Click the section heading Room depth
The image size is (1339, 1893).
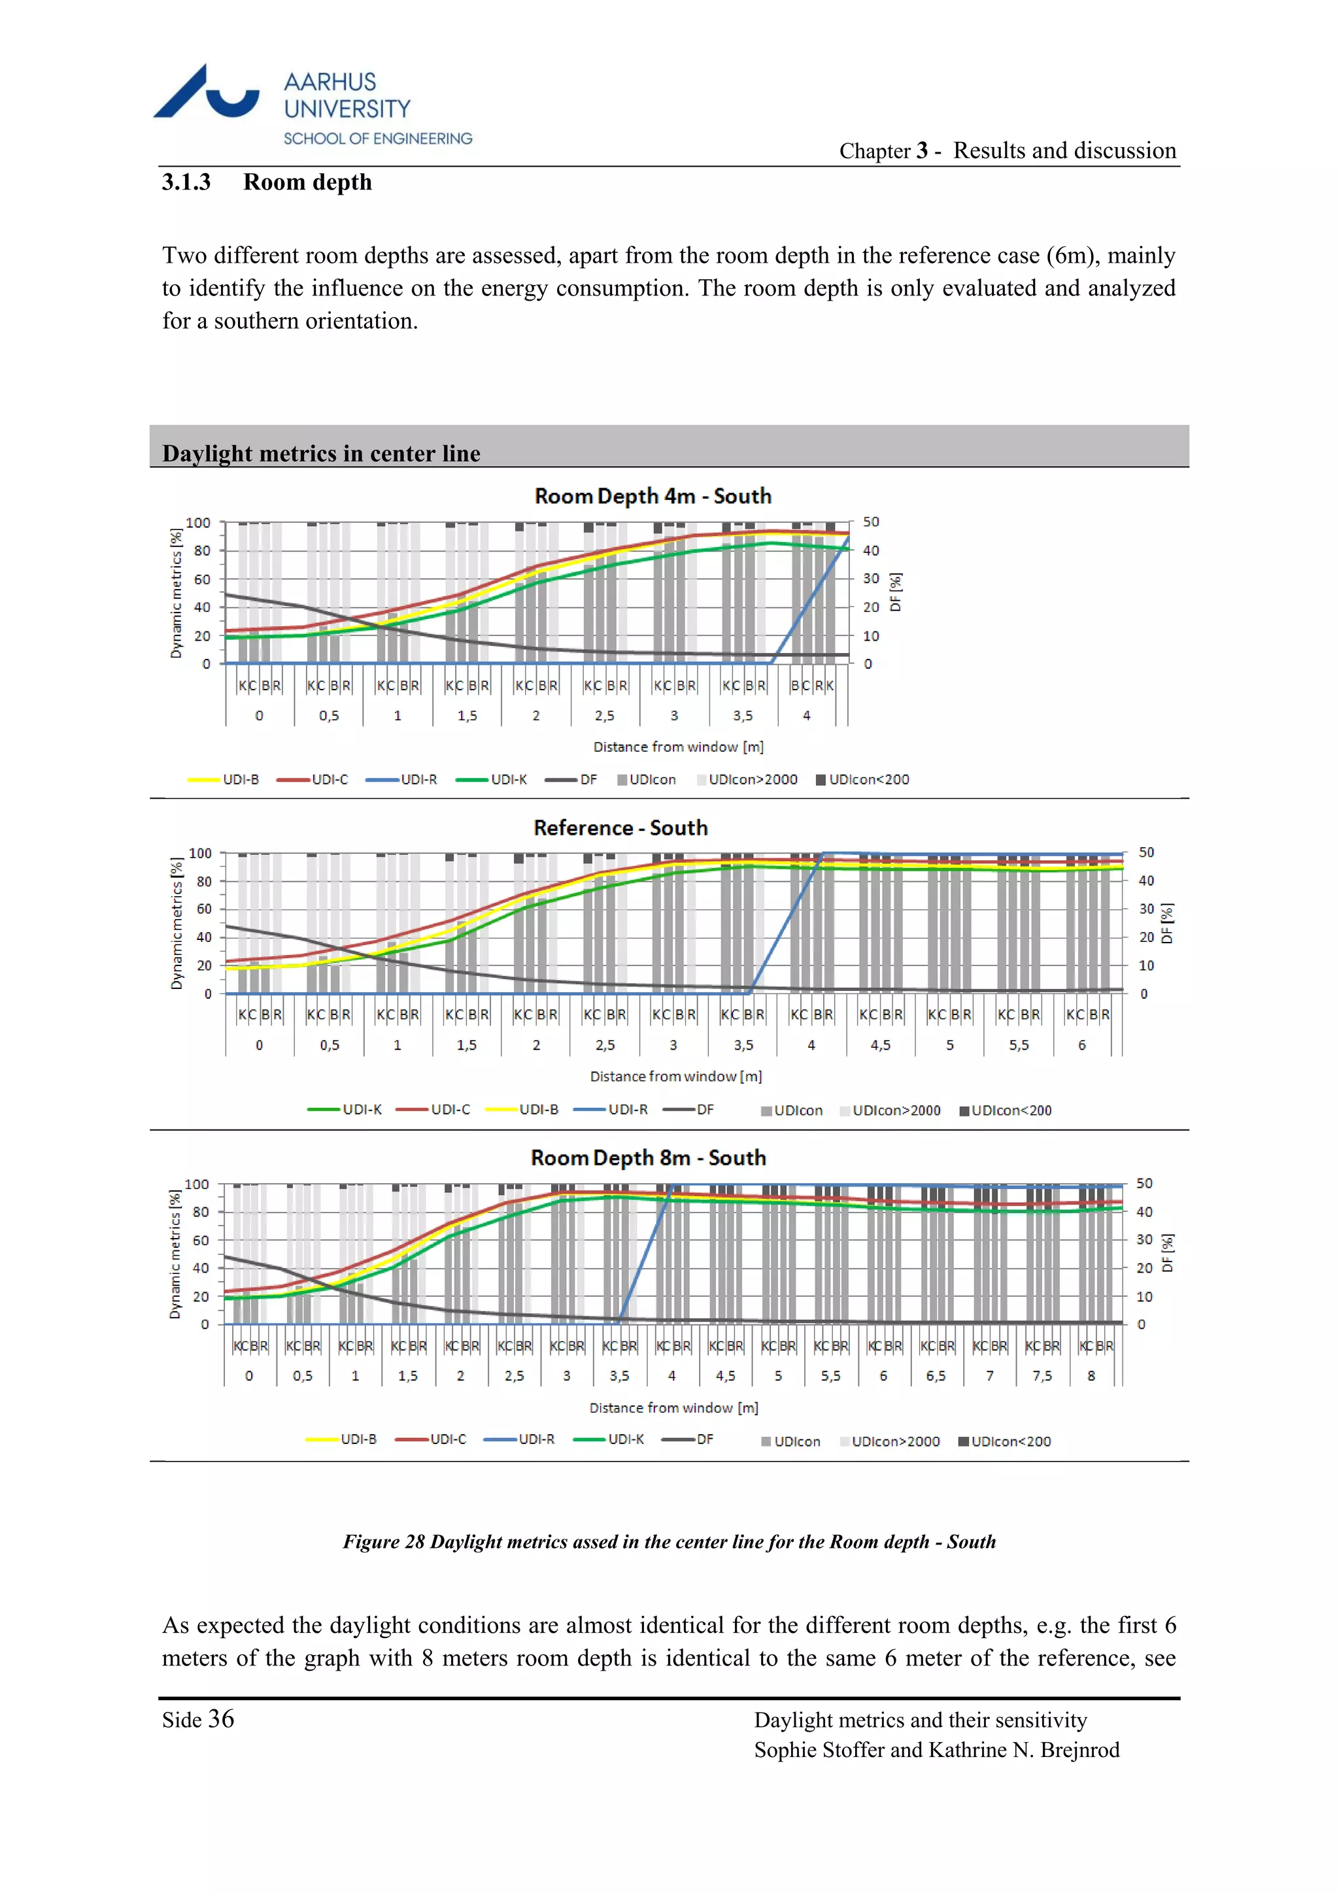click(x=307, y=182)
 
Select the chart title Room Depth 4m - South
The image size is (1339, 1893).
click(x=653, y=496)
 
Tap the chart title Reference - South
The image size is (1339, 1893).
click(x=620, y=828)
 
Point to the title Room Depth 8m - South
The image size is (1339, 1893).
click(x=648, y=1158)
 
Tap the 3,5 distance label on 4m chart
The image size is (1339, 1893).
click(x=743, y=716)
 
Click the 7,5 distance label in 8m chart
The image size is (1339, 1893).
click(x=1042, y=1376)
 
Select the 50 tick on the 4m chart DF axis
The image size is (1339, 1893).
click(x=871, y=522)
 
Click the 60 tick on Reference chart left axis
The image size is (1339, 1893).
click(x=203, y=909)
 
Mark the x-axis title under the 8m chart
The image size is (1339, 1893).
click(x=673, y=1408)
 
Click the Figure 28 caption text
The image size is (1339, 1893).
click(x=669, y=1542)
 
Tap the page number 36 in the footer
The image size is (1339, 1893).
click(x=220, y=1719)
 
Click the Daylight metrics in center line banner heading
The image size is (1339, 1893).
click(x=321, y=454)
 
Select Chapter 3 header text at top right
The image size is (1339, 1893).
click(x=1007, y=151)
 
